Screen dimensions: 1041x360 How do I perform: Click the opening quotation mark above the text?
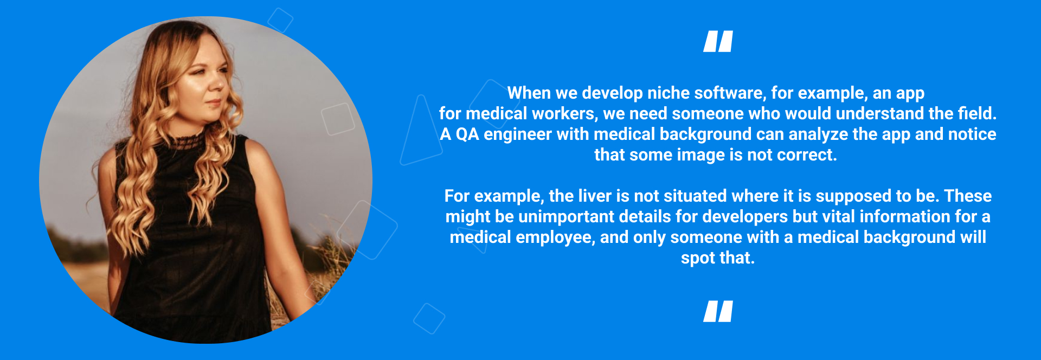click(x=718, y=41)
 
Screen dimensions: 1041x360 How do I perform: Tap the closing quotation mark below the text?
click(x=718, y=311)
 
